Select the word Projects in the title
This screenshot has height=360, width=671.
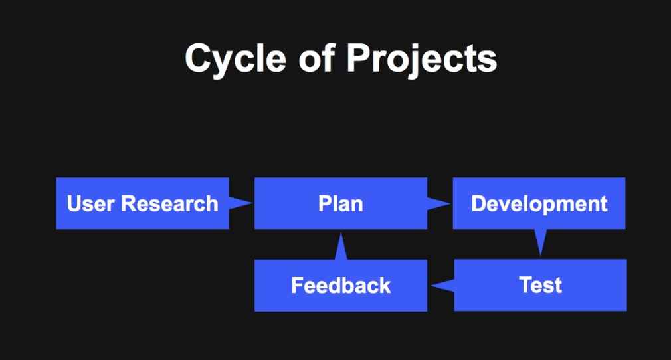(421, 60)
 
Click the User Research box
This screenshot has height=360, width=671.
(142, 203)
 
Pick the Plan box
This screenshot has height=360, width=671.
(341, 203)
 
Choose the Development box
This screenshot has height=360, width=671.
(539, 203)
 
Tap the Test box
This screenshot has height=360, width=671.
(541, 285)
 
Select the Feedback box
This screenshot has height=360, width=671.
(341, 286)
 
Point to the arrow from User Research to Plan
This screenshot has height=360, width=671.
(240, 203)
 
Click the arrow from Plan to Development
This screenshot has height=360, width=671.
(438, 204)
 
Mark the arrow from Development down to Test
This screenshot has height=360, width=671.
(541, 242)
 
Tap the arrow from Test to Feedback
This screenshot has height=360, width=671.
(442, 285)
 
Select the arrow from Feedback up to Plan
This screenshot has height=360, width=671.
(341, 246)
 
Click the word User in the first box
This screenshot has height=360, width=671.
(91, 203)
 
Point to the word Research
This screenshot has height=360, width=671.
(170, 203)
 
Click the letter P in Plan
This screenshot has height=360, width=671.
(324, 203)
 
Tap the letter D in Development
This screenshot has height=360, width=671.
(478, 203)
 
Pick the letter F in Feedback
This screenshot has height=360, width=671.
(298, 286)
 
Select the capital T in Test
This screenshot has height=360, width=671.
(526, 285)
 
